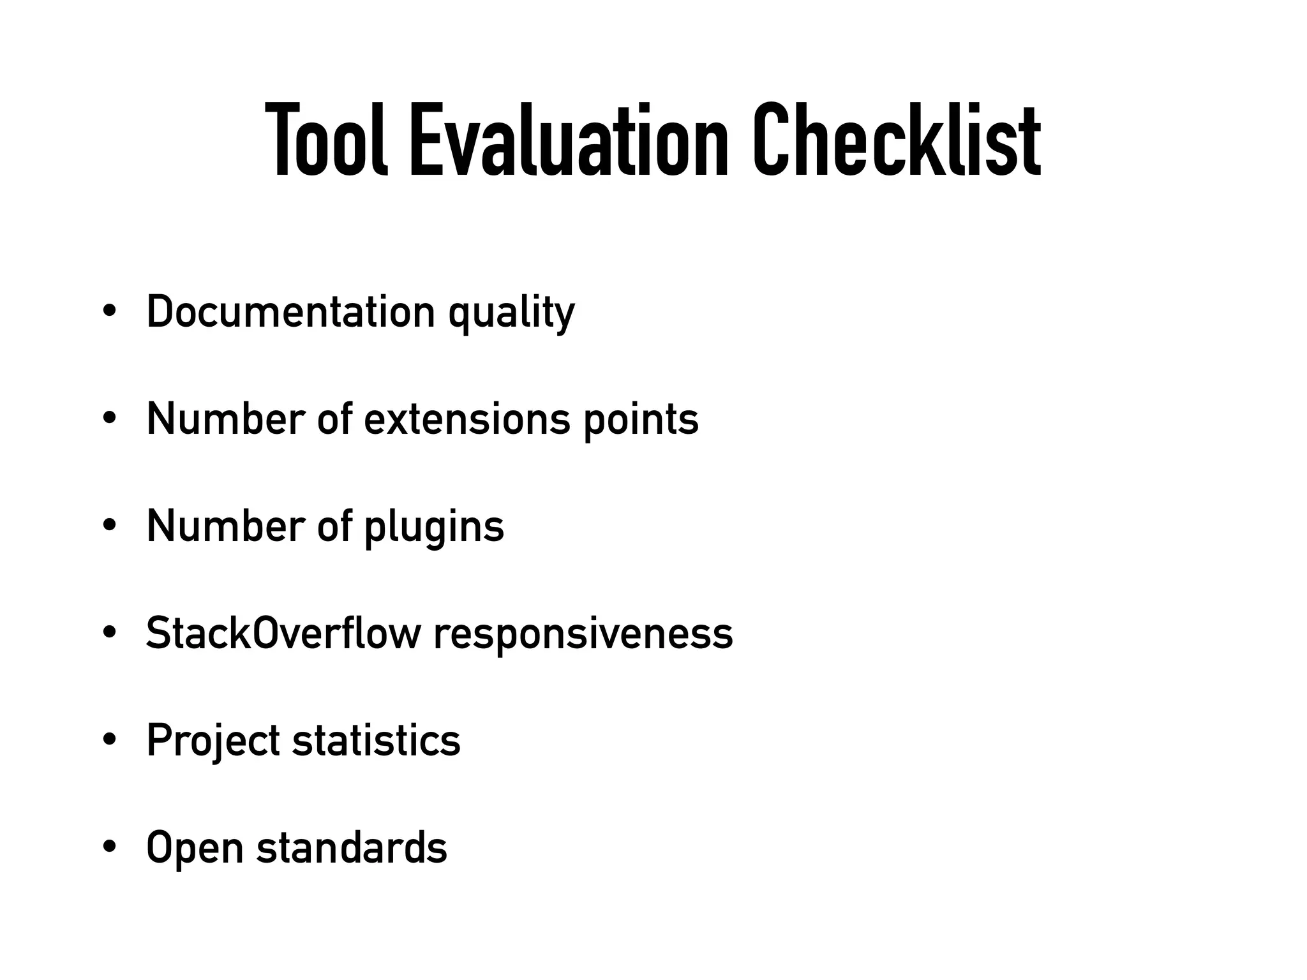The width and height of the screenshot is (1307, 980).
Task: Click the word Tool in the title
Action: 326,140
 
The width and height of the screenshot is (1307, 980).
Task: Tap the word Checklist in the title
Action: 897,140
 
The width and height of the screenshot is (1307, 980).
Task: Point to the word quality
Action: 511,314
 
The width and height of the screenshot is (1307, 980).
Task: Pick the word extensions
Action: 467,419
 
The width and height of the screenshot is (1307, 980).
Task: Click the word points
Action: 641,421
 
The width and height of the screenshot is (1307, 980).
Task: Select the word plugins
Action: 434,528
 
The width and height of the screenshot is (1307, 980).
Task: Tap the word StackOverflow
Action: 283,634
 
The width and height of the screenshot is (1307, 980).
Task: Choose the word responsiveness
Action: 583,635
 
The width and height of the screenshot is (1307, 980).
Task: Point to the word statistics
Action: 376,741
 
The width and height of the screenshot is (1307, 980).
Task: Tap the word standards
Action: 352,847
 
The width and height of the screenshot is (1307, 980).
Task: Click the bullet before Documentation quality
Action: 109,312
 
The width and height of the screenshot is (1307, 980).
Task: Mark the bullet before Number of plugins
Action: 109,526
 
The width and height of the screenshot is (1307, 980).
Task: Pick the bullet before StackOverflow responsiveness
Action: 109,634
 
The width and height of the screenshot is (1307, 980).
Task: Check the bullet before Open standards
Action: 109,848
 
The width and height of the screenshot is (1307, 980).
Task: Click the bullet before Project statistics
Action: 109,741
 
